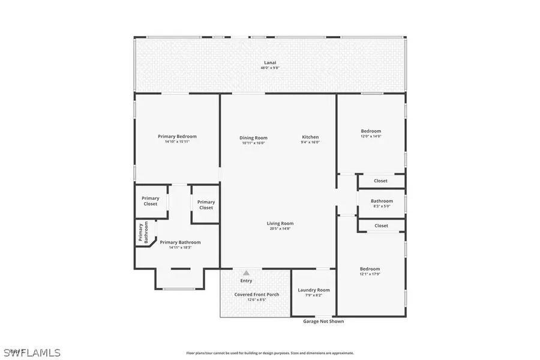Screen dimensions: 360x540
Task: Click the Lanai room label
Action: (x=270, y=62)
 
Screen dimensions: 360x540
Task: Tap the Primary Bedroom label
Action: (x=177, y=136)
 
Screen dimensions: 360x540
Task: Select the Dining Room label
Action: (x=253, y=137)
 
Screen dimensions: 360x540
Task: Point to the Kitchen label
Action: (x=310, y=137)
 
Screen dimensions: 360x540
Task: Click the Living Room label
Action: (x=280, y=223)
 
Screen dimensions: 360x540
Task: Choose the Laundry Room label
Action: (x=314, y=290)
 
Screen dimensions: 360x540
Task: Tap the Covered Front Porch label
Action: (x=256, y=294)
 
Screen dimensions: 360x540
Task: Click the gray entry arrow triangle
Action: (x=246, y=273)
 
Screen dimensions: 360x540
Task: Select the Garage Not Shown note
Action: (x=323, y=321)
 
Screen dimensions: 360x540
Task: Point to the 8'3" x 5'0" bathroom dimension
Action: (x=382, y=206)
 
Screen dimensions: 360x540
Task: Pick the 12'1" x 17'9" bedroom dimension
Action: (x=370, y=274)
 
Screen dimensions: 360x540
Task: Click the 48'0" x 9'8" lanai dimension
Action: (x=270, y=68)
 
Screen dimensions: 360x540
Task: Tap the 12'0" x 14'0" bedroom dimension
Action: (x=371, y=136)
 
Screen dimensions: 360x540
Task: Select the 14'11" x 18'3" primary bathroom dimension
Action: (x=180, y=247)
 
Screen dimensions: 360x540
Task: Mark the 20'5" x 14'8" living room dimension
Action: (x=280, y=229)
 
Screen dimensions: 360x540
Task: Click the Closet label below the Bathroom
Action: (x=381, y=226)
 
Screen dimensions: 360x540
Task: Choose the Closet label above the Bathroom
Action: (x=380, y=181)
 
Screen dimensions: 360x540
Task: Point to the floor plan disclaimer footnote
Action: (x=270, y=353)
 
